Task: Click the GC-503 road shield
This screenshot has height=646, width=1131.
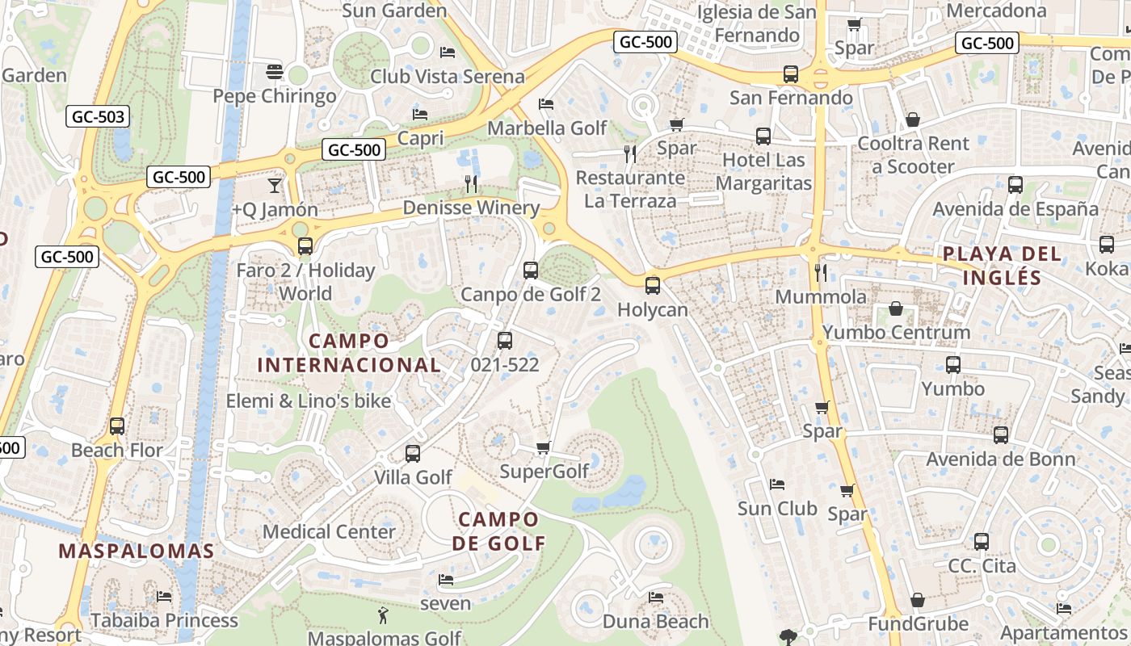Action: [99, 117]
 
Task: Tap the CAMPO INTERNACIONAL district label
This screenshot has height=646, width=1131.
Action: [349, 353]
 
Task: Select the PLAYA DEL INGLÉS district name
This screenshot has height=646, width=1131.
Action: [1002, 266]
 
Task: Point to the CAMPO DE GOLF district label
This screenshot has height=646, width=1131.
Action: [498, 531]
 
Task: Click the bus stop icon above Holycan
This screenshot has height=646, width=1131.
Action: [652, 285]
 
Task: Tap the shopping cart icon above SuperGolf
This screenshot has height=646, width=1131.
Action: [543, 447]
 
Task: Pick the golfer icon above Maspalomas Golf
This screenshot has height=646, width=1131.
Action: [383, 616]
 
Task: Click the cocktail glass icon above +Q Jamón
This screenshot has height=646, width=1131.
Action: [275, 185]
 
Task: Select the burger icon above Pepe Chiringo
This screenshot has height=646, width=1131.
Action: [274, 72]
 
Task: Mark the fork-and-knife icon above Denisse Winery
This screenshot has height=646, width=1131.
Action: [472, 184]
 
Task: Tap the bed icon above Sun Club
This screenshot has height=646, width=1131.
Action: [777, 484]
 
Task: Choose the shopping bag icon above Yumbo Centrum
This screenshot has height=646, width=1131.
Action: [896, 308]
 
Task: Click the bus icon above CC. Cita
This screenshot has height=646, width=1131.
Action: [982, 542]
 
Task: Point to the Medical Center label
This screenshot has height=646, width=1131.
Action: [329, 531]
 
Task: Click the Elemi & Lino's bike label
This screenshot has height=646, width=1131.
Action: [308, 401]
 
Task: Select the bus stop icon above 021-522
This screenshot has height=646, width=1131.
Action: [505, 341]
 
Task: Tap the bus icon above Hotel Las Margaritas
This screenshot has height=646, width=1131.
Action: [763, 136]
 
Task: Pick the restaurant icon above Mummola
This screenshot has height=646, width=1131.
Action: [821, 272]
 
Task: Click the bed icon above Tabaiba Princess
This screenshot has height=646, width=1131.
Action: [164, 597]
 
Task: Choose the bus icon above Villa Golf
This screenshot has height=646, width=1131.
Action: [413, 453]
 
